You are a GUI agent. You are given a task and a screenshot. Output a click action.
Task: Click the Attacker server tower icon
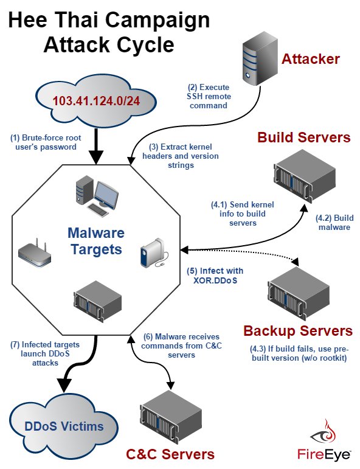point(260,60)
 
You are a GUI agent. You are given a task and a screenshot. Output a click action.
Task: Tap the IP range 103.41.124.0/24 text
point(96,101)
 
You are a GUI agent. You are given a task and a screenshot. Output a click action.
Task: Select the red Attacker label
point(310,59)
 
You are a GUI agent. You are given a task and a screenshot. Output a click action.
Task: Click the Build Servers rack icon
point(305,176)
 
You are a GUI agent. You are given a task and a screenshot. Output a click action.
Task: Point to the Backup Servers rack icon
point(299,293)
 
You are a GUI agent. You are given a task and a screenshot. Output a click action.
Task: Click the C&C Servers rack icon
point(171,416)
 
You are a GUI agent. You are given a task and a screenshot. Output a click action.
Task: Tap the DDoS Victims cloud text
point(64,426)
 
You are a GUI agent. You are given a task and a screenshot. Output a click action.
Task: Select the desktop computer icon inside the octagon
point(97,196)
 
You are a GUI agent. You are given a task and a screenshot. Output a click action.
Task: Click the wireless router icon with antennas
point(35,254)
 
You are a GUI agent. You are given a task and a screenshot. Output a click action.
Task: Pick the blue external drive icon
point(154,252)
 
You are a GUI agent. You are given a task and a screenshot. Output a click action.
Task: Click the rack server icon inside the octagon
point(97,301)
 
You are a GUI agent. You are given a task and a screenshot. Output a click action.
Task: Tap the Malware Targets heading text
point(96,241)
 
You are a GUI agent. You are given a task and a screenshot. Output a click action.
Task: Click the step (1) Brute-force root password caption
point(46,142)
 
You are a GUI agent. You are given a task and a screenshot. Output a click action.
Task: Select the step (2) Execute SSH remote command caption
point(209,96)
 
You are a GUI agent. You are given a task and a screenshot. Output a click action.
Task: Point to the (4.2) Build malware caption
point(334,222)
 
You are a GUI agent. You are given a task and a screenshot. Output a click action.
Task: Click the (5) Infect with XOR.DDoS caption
point(215,275)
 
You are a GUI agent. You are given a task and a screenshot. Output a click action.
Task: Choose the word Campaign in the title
point(157,20)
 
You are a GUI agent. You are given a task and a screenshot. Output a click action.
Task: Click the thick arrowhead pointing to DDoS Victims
point(64,385)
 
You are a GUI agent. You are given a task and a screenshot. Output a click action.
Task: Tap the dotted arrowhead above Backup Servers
point(295,261)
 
